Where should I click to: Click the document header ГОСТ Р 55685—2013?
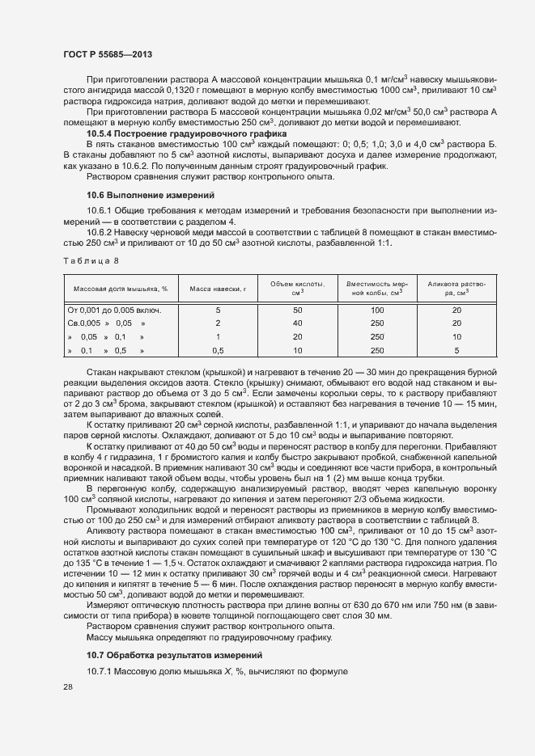(108, 53)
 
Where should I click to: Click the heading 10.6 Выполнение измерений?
(139, 195)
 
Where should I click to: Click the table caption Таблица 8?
(90, 260)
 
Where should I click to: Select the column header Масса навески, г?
(218, 288)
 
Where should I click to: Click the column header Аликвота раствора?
(456, 288)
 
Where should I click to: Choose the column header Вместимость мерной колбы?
(376, 288)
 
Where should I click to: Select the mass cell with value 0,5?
(218, 351)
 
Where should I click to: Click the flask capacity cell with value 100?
(376, 310)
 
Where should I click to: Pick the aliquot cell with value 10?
(456, 337)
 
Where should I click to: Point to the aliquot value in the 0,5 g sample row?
(456, 351)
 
